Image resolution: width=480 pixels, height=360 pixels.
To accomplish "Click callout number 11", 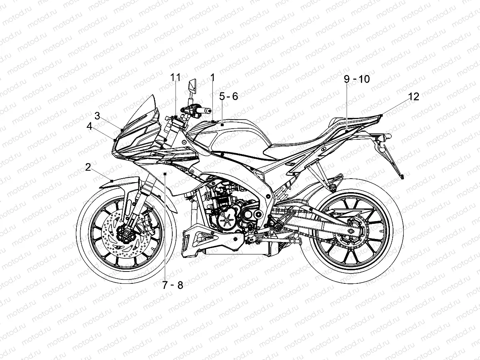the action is click(x=175, y=77).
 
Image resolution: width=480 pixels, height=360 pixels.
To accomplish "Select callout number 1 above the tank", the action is click(x=212, y=77).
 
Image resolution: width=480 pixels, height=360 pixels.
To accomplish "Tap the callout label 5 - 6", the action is click(x=229, y=96).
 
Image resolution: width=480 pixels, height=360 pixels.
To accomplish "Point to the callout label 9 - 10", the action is click(x=357, y=79).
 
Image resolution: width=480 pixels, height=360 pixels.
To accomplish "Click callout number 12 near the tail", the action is click(x=413, y=96).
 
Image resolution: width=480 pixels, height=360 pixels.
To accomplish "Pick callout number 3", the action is click(x=97, y=115).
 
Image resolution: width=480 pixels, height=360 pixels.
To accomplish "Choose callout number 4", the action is click(x=90, y=127).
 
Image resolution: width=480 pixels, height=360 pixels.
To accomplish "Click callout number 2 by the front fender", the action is click(x=88, y=167).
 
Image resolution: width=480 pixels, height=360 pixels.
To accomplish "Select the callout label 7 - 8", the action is click(x=173, y=285).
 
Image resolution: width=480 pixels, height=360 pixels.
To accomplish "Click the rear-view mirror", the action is click(x=192, y=87).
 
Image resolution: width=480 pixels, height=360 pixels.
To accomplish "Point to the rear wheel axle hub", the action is click(x=351, y=231).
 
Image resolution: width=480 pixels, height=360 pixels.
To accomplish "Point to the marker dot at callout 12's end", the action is click(x=381, y=115).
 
